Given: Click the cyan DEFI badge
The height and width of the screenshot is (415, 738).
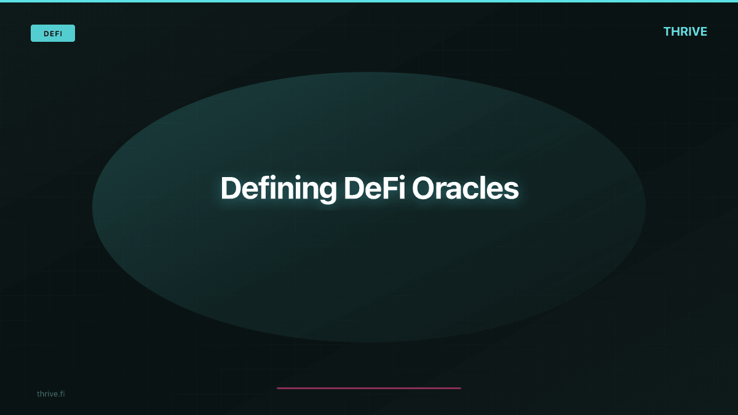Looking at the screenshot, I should (x=53, y=33).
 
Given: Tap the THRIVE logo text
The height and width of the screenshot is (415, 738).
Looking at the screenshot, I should (x=685, y=31).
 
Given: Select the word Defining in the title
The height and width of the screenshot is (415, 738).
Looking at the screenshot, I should (x=278, y=188).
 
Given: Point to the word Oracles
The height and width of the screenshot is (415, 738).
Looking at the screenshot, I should (x=465, y=188).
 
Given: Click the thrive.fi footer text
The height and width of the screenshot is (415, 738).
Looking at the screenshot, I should (x=50, y=393).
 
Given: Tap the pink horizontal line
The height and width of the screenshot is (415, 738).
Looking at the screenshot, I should (x=369, y=388).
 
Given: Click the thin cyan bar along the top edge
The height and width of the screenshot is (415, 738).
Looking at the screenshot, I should (x=369, y=1).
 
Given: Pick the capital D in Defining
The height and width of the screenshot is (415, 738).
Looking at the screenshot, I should (x=230, y=188).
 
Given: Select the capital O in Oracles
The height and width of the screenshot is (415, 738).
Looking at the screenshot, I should (x=423, y=188).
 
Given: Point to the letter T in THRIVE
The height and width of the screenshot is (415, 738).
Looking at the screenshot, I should (x=668, y=31).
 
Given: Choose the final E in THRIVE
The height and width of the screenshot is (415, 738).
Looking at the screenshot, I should (x=704, y=31).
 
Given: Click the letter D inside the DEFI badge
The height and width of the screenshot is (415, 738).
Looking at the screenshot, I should (x=46, y=34).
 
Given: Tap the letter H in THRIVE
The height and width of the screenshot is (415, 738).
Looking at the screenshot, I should (x=676, y=31).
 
